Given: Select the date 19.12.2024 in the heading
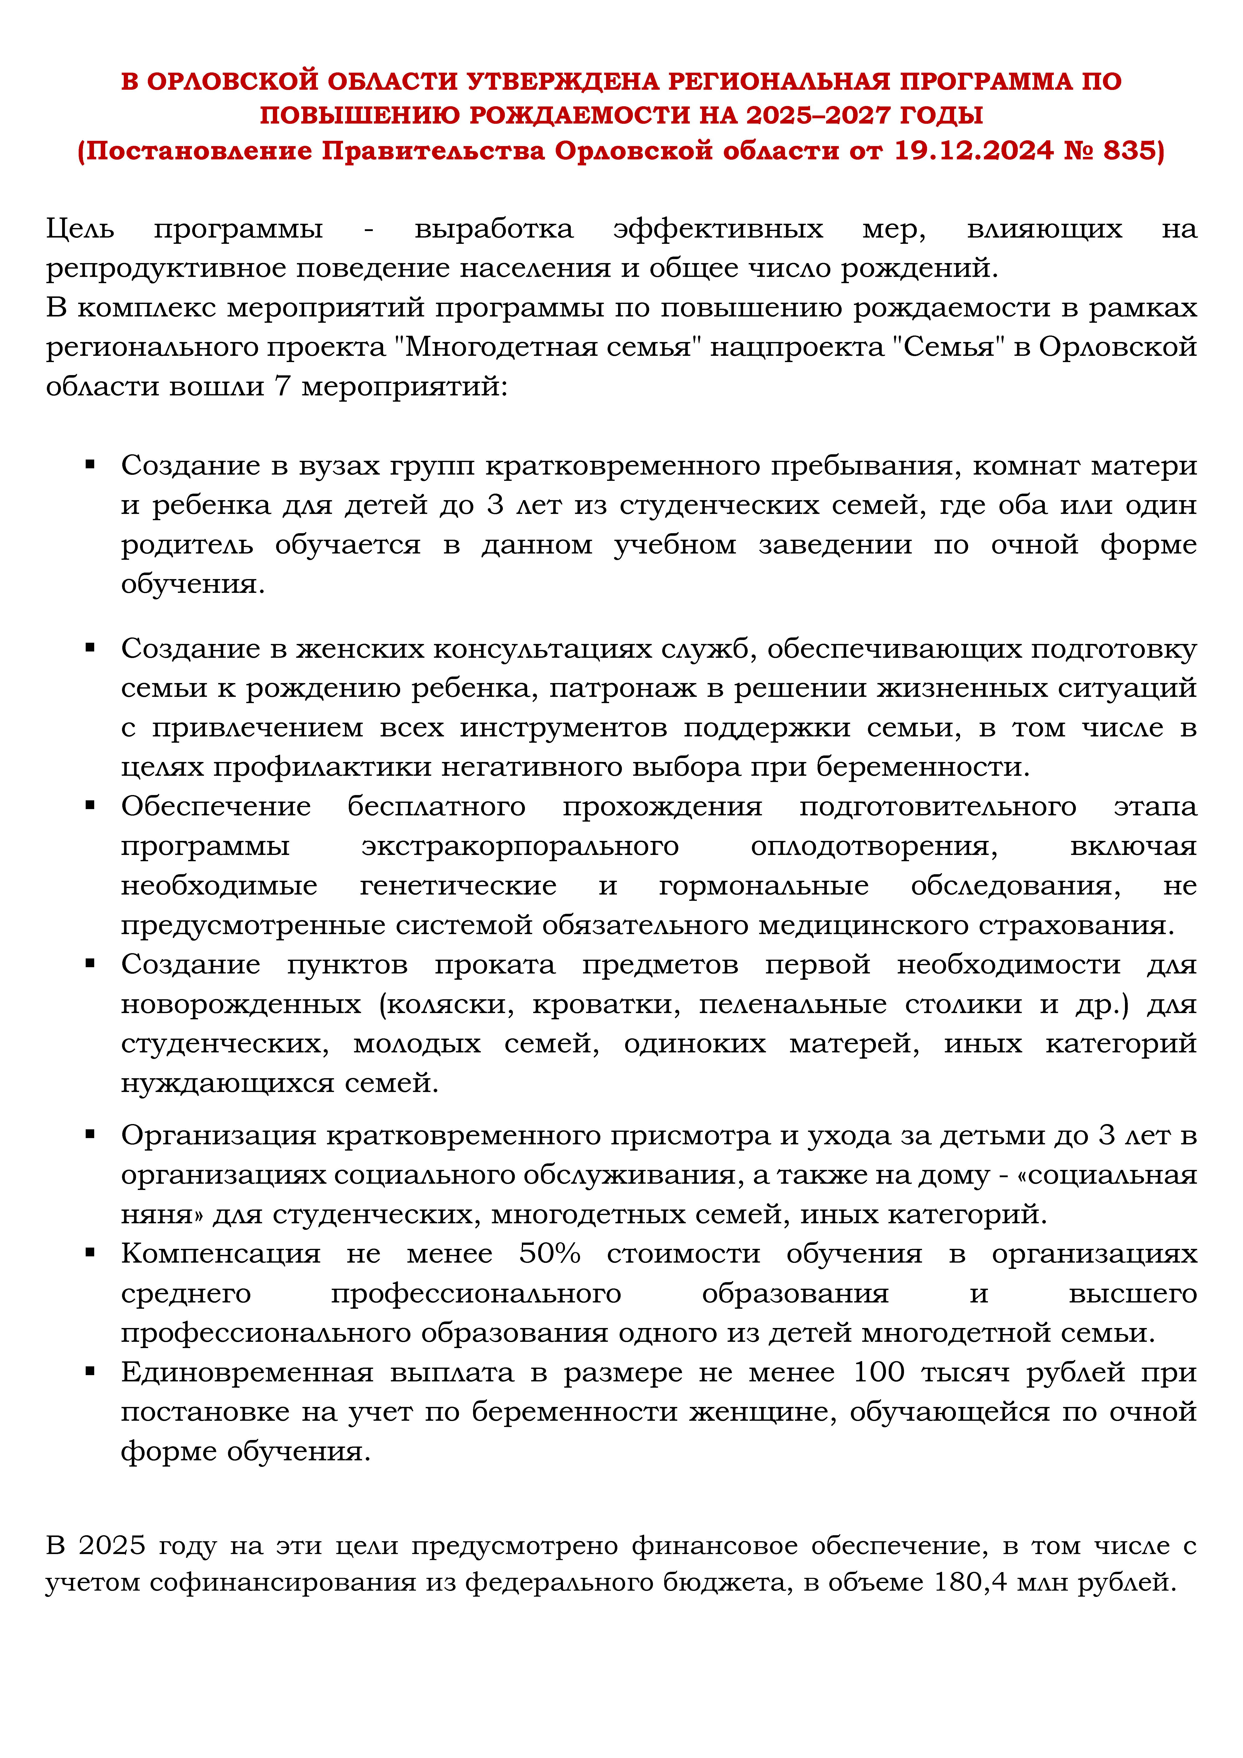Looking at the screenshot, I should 973,151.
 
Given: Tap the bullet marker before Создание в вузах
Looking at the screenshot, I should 90,464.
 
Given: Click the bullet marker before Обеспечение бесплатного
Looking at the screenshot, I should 90,805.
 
